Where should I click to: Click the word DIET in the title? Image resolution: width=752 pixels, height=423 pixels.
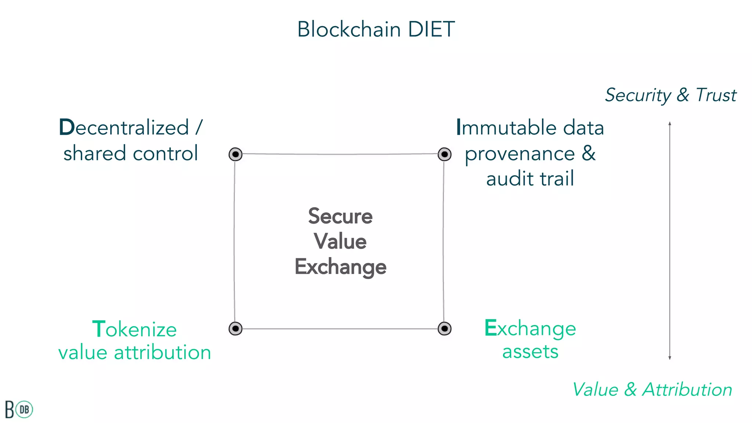pyautogui.click(x=431, y=29)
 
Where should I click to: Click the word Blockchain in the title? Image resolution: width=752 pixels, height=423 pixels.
pyautogui.click(x=349, y=29)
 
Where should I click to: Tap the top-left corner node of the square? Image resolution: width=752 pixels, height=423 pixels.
pyautogui.click(x=235, y=154)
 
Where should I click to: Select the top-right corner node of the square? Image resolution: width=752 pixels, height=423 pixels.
pyautogui.click(x=444, y=154)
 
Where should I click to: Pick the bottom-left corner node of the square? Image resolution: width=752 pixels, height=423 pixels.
pyautogui.click(x=235, y=328)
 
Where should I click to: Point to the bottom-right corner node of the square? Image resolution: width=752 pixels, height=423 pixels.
pyautogui.click(x=444, y=328)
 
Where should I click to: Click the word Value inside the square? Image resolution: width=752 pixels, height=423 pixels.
pyautogui.click(x=340, y=241)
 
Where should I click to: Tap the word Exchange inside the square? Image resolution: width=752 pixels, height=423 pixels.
pyautogui.click(x=340, y=267)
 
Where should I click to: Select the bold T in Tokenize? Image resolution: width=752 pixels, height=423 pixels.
pyautogui.click(x=99, y=329)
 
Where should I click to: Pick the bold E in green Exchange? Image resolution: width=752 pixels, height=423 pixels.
pyautogui.click(x=491, y=328)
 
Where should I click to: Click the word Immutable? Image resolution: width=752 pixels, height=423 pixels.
pyautogui.click(x=507, y=127)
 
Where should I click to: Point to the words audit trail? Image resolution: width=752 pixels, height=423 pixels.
pyautogui.click(x=530, y=179)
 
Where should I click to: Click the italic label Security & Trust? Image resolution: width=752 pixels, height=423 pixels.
pyautogui.click(x=670, y=95)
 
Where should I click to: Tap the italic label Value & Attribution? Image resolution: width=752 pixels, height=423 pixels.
pyautogui.click(x=652, y=390)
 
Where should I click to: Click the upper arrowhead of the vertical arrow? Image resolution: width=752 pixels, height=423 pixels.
pyautogui.click(x=670, y=123)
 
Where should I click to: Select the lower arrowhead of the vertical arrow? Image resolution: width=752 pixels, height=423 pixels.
pyautogui.click(x=670, y=358)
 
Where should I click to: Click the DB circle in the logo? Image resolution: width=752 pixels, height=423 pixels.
pyautogui.click(x=25, y=409)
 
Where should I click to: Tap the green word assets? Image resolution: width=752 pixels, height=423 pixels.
pyautogui.click(x=530, y=351)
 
